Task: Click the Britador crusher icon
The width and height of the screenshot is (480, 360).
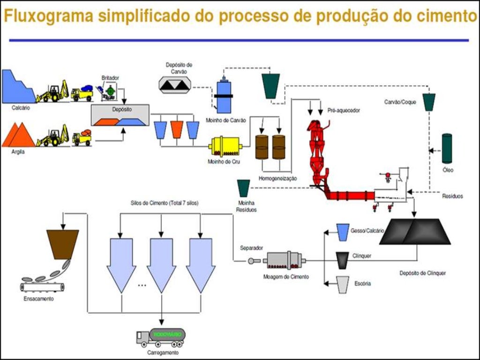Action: pos(109,91)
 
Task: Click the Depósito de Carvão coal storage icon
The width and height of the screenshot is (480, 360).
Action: pos(174,83)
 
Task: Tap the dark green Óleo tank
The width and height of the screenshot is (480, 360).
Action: pos(447,149)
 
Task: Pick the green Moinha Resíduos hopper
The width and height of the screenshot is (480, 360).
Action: pos(244,188)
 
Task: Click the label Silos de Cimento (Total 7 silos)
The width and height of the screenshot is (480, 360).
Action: pos(164,203)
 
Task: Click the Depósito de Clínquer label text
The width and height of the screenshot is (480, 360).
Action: pos(422,273)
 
